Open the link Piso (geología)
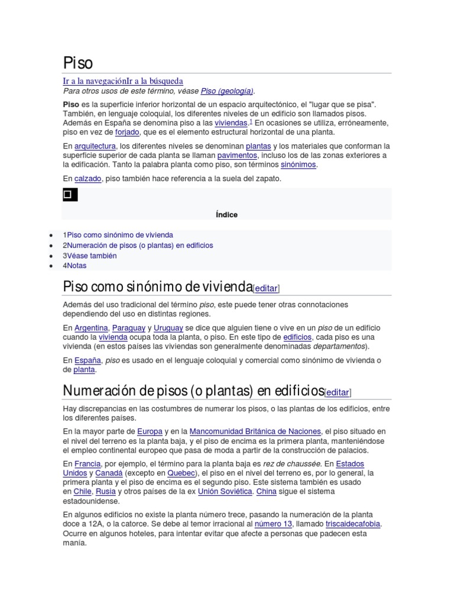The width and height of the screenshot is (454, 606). [227, 91]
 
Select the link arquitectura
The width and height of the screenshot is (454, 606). [95, 146]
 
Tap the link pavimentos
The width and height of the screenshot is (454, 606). [236, 155]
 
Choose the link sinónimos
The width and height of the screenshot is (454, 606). [299, 165]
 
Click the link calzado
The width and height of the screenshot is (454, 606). [88, 178]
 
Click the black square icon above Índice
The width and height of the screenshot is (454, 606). [69, 194]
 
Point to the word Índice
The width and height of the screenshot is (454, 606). [226, 215]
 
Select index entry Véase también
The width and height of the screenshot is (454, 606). [92, 256]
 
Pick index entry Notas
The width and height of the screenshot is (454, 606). [76, 266]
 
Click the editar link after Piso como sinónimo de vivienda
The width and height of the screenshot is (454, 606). [266, 288]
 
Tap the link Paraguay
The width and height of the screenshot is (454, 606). [128, 327]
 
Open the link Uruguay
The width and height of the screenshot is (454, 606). [168, 327]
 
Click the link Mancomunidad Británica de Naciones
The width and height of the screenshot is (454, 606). [255, 431]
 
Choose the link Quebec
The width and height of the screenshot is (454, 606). [180, 473]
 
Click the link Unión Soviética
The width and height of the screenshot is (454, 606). [225, 492]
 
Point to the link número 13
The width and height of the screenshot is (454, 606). [273, 524]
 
